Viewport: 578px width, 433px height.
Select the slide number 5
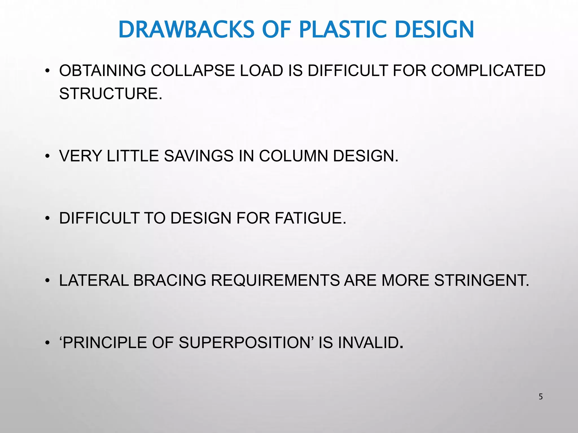(540, 397)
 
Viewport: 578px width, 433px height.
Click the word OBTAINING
(102, 70)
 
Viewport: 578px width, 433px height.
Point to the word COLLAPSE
(193, 70)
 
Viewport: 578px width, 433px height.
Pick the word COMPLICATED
(488, 70)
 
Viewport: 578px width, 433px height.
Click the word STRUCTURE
(111, 94)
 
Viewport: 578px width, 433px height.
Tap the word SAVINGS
(199, 156)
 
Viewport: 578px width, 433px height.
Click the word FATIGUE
(310, 218)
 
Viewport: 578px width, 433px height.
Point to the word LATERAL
(94, 280)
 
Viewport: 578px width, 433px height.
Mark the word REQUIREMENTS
(275, 280)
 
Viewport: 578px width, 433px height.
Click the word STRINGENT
(481, 280)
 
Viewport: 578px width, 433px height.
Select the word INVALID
(370, 343)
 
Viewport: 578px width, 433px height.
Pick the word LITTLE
(133, 156)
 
